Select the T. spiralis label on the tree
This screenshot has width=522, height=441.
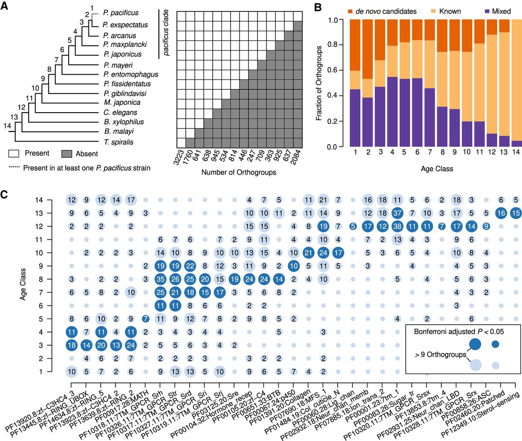pyautogui.click(x=119, y=142)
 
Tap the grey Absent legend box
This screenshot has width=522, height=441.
pyautogui.click(x=66, y=154)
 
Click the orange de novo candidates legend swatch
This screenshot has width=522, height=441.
pyautogui.click(x=350, y=11)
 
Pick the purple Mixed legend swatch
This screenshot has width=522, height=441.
pyautogui.click(x=487, y=11)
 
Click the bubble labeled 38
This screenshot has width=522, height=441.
pyautogui.click(x=397, y=226)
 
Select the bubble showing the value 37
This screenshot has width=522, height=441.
pyautogui.click(x=397, y=213)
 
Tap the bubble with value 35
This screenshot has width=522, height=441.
pyautogui.click(x=160, y=279)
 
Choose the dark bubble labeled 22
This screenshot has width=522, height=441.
pyautogui.click(x=190, y=266)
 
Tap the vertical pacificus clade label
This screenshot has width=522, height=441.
pyautogui.click(x=166, y=33)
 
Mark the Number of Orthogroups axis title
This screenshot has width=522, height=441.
pyautogui.click(x=239, y=172)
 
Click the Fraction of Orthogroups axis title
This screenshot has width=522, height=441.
pyautogui.click(x=319, y=83)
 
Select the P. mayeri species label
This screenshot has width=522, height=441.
pyautogui.click(x=118, y=65)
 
